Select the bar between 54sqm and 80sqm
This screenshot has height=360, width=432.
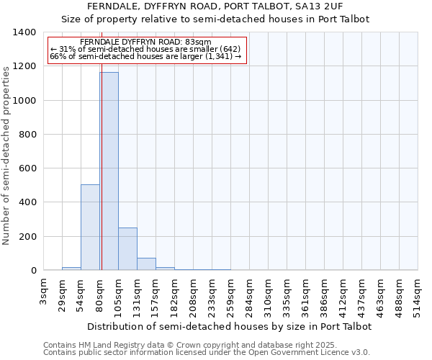click(x=90, y=228)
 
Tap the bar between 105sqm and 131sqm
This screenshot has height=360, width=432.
click(x=127, y=249)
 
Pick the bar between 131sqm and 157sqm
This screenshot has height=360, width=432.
click(x=146, y=264)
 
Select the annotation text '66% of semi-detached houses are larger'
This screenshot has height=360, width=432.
click(x=145, y=56)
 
